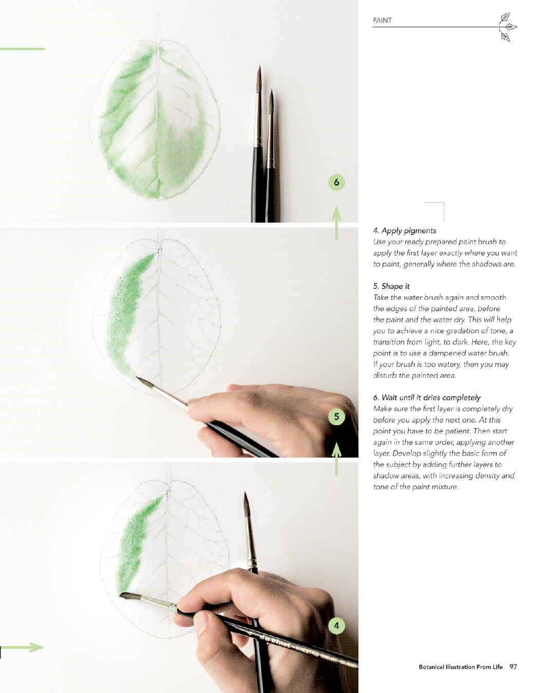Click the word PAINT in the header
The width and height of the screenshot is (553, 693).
click(x=382, y=21)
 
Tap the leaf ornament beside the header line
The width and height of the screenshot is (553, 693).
click(x=508, y=27)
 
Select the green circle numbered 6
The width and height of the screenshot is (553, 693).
click(x=336, y=183)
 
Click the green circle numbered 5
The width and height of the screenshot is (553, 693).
click(x=336, y=417)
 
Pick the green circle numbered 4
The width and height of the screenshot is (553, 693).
click(x=336, y=626)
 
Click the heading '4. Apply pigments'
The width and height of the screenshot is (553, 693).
click(x=405, y=230)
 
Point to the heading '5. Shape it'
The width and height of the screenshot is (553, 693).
click(x=391, y=286)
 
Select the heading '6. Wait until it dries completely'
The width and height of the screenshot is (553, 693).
click(x=427, y=398)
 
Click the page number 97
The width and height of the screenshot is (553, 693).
click(x=513, y=667)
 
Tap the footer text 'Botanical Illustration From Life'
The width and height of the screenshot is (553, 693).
click(x=461, y=667)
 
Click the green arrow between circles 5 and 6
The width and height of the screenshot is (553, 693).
click(x=336, y=223)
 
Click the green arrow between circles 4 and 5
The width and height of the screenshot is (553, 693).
click(x=336, y=459)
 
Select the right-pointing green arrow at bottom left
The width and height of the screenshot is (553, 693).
click(x=22, y=647)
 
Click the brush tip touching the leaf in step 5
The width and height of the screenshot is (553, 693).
click(x=137, y=378)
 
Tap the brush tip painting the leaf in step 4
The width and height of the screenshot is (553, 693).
click(x=121, y=594)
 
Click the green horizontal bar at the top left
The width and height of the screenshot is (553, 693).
click(x=22, y=49)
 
